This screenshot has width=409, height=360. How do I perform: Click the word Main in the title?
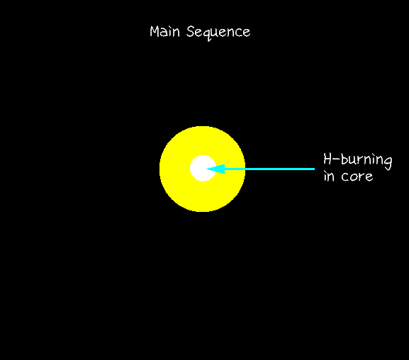[x=165, y=32]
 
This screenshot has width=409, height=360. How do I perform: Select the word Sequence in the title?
[x=218, y=33]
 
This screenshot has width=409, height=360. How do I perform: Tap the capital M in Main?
[x=155, y=32]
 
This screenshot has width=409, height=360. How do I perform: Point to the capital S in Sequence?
[x=191, y=32]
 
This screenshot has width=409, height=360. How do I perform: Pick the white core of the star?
[x=203, y=168]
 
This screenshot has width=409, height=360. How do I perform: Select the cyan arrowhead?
[x=215, y=169]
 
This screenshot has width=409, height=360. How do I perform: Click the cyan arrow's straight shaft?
[x=269, y=169]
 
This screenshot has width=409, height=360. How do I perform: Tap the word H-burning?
[x=358, y=160]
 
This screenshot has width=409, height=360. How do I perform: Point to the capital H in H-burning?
[x=328, y=159]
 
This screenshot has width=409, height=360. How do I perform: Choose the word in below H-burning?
[x=329, y=176]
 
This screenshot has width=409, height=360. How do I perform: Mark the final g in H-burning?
[x=388, y=163]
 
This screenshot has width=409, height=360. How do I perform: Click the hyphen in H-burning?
[x=336, y=159]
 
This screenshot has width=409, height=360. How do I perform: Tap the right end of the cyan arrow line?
[x=315, y=169]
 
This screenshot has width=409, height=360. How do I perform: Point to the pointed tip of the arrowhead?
[x=206, y=169]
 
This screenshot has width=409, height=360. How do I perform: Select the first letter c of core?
[x=345, y=177]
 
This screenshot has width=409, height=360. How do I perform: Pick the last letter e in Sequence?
[x=246, y=33]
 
